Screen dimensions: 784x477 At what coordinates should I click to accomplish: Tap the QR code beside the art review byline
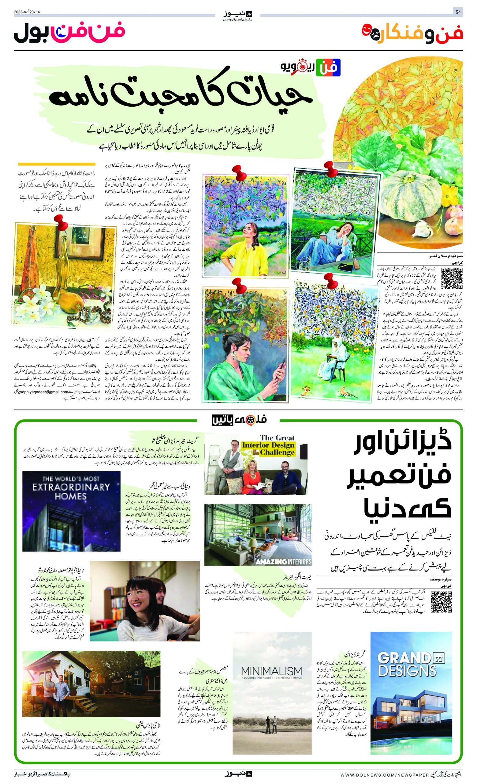[x=452, y=278]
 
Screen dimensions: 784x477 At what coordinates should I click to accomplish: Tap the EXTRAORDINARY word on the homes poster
[x=71, y=487]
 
